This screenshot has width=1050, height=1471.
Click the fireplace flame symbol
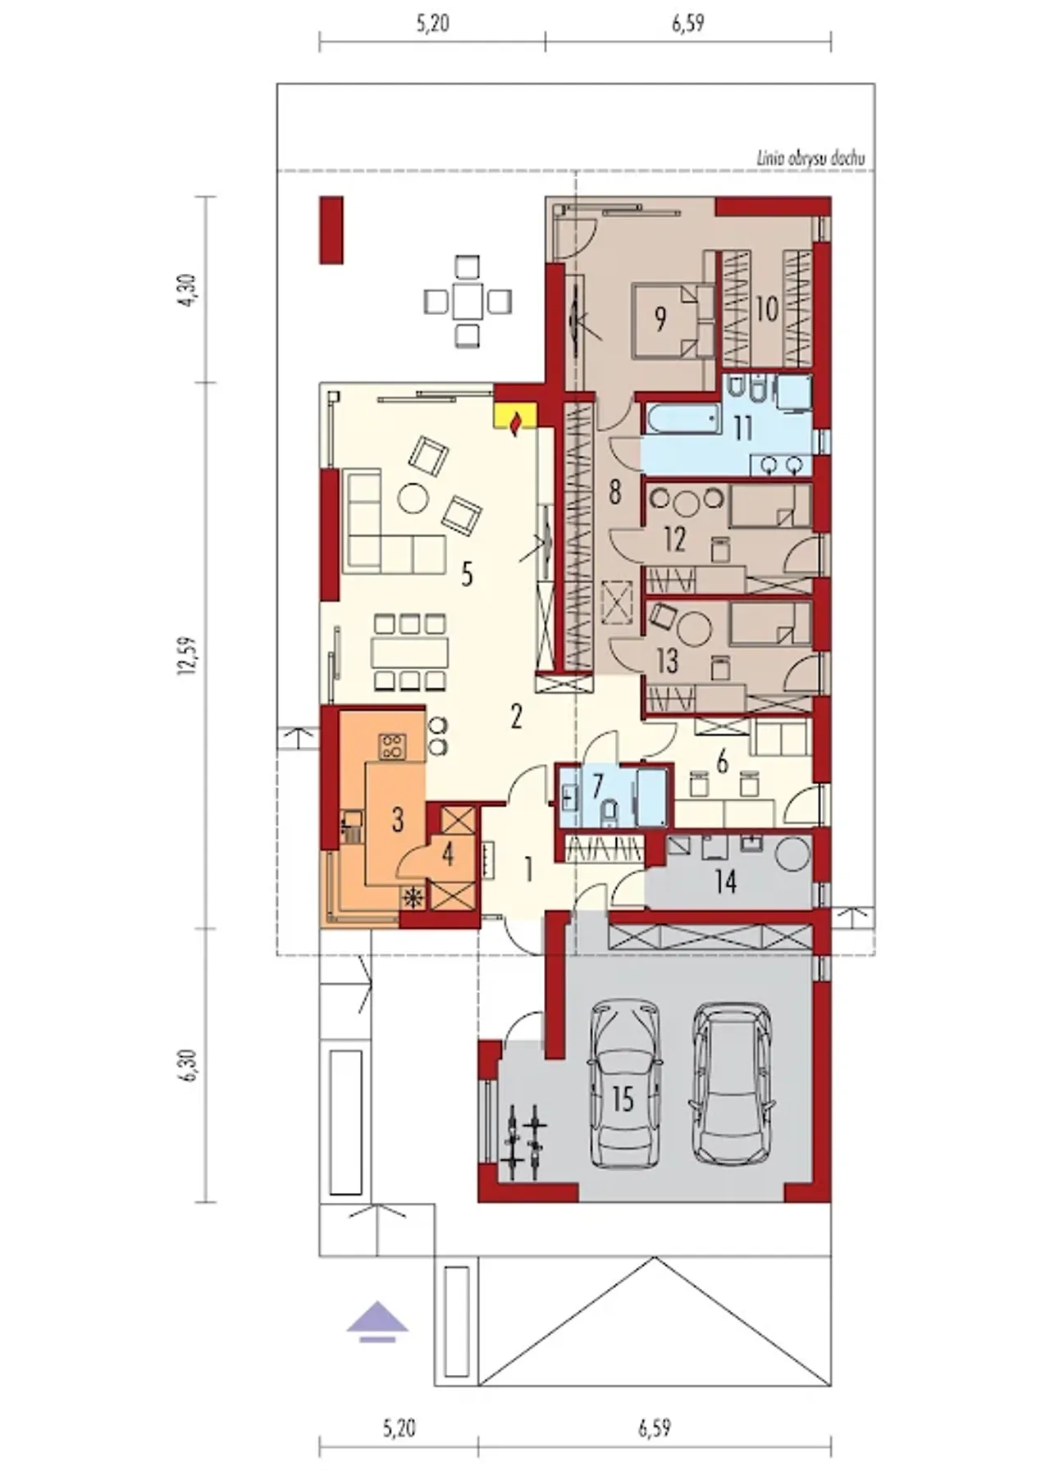[x=514, y=423]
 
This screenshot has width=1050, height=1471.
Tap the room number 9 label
[x=661, y=319]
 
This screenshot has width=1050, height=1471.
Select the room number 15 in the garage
[x=623, y=1099]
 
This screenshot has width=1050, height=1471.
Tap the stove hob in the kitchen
[x=390, y=745]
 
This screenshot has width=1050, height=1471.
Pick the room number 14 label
[x=725, y=882]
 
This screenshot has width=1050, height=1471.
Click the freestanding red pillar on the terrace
[x=331, y=230]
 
